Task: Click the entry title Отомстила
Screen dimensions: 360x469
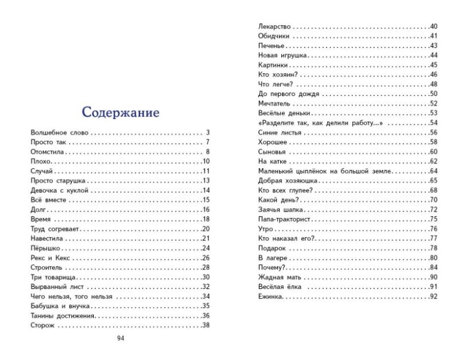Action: click(x=46, y=152)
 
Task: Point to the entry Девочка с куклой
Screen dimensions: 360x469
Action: click(x=59, y=191)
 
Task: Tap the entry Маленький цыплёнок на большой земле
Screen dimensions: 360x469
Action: click(x=324, y=171)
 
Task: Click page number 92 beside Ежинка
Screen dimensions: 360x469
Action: click(x=434, y=297)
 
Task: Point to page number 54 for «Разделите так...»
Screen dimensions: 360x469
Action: click(x=434, y=123)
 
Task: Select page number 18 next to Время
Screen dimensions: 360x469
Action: click(x=206, y=219)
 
